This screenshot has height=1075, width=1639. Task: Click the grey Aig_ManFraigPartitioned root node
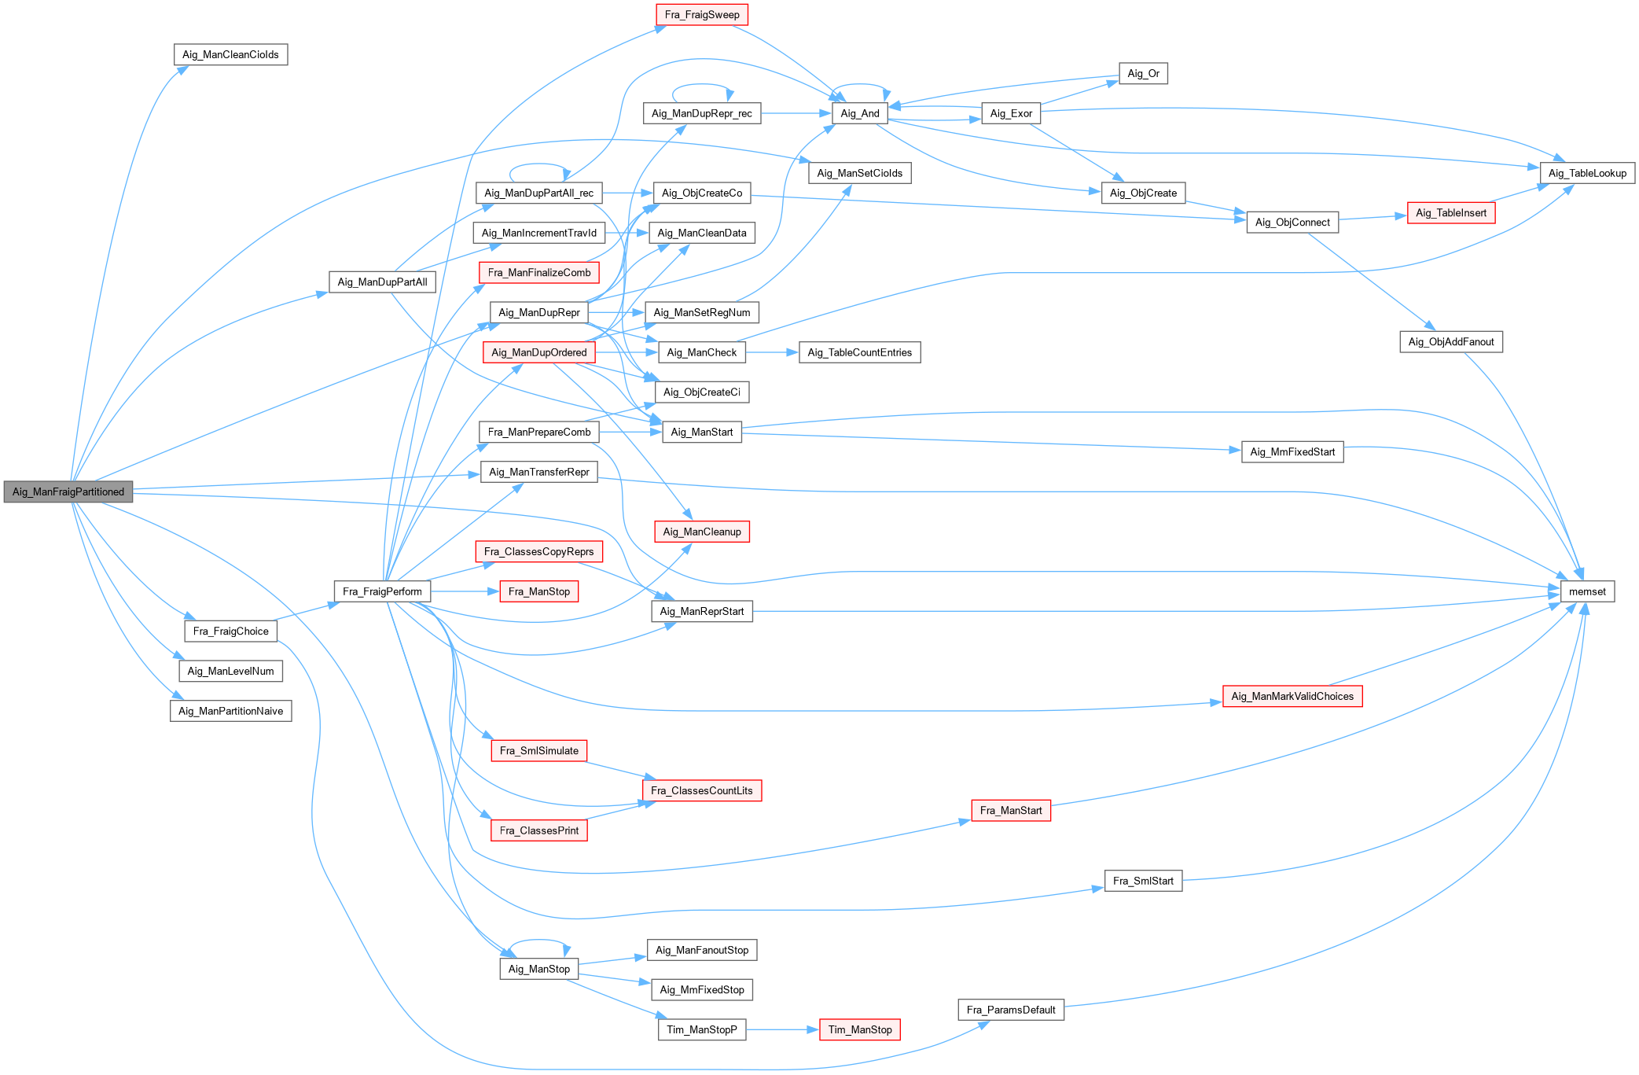coord(68,491)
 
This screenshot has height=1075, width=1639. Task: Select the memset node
coord(1587,591)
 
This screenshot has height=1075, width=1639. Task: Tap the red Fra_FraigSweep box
coord(702,15)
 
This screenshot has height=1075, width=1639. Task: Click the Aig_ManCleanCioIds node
coord(230,54)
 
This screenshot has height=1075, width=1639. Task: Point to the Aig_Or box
coord(1143,73)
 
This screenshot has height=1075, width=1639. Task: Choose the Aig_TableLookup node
coord(1587,173)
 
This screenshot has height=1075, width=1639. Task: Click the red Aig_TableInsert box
coord(1450,213)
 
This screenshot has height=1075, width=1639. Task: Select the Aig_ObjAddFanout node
coord(1450,342)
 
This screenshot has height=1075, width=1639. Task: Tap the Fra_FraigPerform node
coord(382,591)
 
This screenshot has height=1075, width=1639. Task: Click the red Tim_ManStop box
coord(859,1029)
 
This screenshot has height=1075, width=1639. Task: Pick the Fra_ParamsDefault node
coord(1010,1010)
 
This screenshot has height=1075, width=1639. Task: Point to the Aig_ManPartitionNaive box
coord(230,711)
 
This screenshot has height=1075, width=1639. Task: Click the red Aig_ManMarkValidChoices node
coord(1292,696)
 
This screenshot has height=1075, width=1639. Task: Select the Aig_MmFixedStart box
coord(1292,452)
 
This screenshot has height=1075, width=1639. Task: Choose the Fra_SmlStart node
coord(1143,881)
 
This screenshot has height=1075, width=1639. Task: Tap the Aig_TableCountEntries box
coord(859,352)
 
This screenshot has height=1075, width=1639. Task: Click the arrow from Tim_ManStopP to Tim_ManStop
coord(782,1029)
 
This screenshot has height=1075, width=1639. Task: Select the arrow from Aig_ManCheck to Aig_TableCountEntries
coord(772,352)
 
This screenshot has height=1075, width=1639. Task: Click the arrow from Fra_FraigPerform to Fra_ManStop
coord(465,591)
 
